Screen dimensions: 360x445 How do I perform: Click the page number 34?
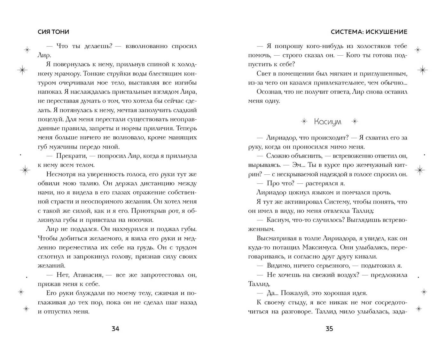click(115, 329)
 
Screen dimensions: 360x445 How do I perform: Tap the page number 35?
click(329, 329)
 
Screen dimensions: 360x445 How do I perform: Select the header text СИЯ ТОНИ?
click(53, 32)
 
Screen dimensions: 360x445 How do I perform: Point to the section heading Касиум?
click(328, 122)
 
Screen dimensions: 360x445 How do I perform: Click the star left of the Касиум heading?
click(304, 121)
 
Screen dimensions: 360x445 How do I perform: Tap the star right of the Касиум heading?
click(355, 121)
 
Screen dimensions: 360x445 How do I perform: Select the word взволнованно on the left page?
click(147, 46)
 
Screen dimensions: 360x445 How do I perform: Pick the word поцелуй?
click(51, 119)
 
